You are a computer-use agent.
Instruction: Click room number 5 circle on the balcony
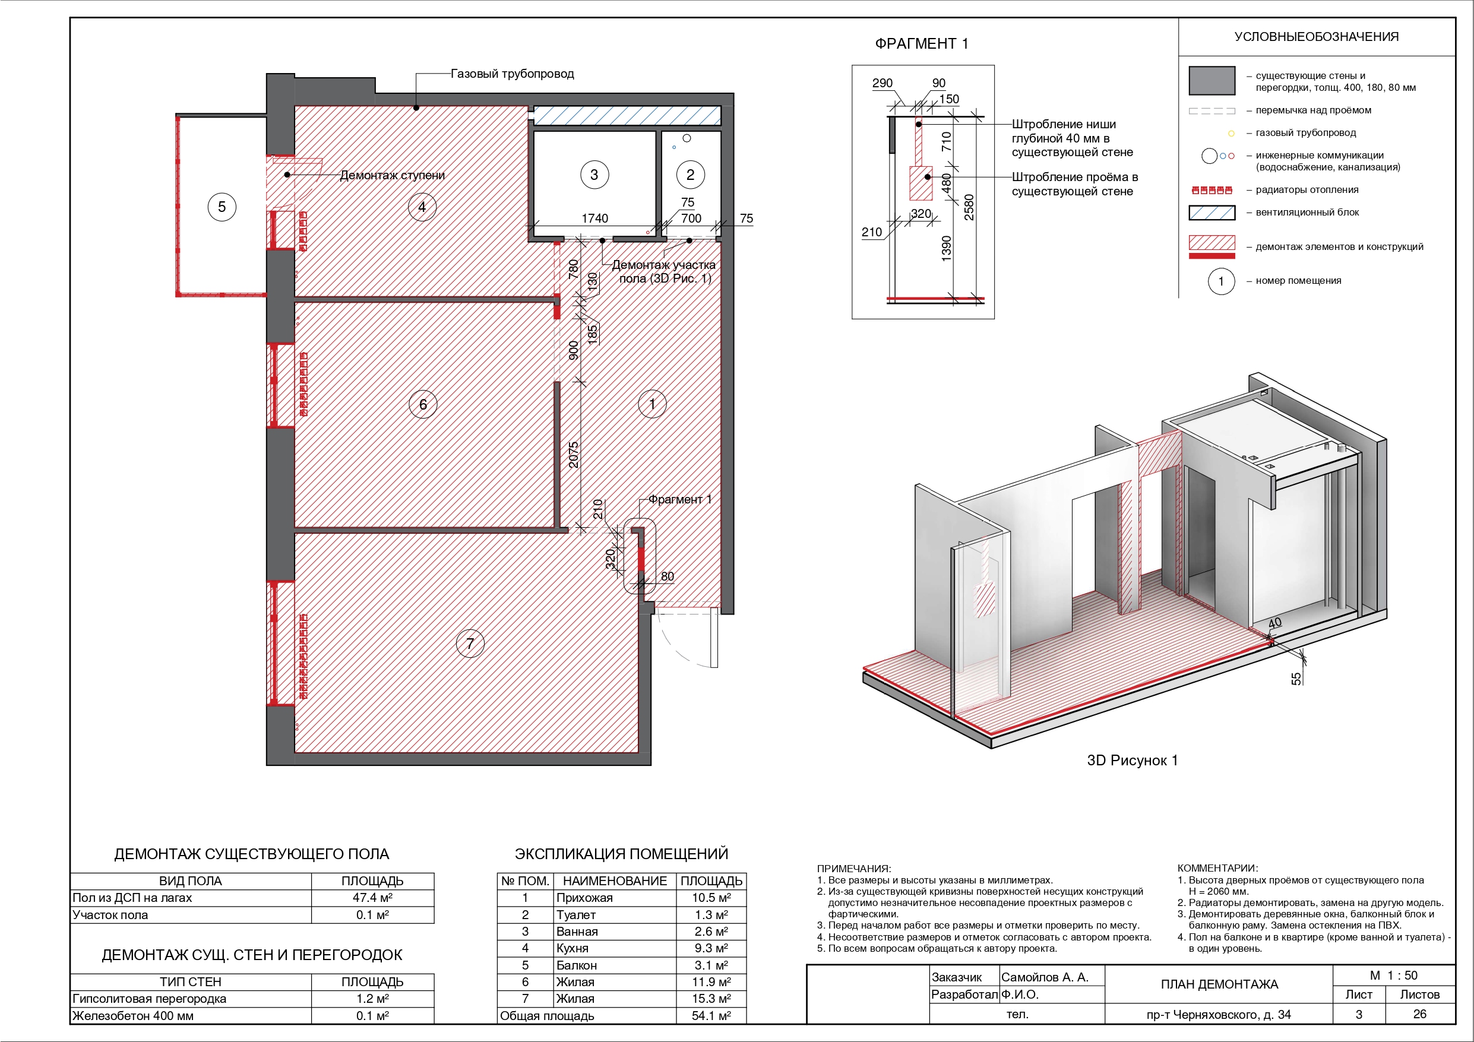click(222, 207)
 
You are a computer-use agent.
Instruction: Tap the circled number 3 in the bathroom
click(594, 175)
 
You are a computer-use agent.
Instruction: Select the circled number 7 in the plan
click(470, 643)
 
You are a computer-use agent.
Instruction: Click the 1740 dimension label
click(594, 218)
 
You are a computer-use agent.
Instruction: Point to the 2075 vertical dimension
click(573, 455)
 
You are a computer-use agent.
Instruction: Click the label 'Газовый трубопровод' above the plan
click(513, 74)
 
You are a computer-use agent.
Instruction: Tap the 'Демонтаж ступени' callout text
click(392, 175)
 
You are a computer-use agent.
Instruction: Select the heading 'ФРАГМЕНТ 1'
click(921, 44)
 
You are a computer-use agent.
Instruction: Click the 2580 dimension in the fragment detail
click(969, 207)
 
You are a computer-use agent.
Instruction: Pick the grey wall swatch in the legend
click(1212, 81)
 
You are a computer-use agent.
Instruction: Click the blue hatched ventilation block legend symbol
click(1212, 213)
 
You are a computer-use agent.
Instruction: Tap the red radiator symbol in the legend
click(1212, 190)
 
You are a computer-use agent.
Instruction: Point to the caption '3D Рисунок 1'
click(1133, 760)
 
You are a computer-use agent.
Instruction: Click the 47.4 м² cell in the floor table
click(372, 898)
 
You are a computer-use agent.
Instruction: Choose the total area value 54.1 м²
click(711, 1016)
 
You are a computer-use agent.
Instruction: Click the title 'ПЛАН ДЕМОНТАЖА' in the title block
click(1219, 984)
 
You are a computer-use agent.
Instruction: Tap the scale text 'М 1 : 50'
click(1394, 976)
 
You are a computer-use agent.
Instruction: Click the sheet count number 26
click(1420, 1014)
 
